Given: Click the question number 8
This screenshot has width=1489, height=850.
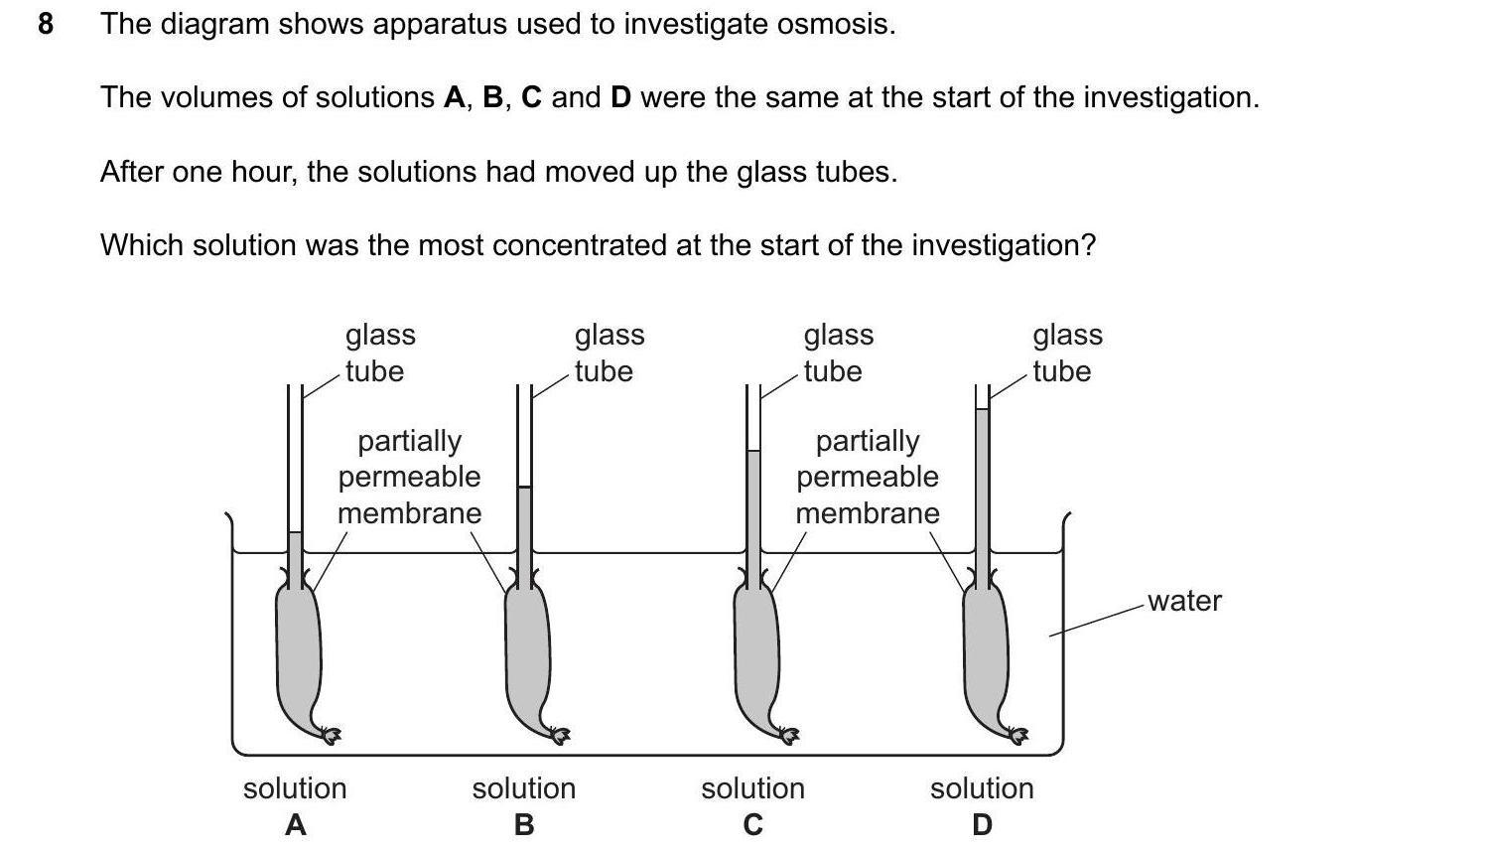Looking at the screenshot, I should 45,24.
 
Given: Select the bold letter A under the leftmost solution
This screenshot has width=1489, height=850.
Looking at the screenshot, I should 295,824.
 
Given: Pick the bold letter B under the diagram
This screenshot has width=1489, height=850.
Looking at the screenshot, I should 524,824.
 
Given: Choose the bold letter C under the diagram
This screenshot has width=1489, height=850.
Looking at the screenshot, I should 752,824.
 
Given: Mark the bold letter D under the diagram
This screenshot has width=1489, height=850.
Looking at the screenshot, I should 982,824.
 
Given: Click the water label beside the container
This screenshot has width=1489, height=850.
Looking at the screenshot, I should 1184,601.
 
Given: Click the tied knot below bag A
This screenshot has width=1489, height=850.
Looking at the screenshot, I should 331,735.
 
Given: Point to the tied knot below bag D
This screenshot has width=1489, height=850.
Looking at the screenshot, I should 1018,735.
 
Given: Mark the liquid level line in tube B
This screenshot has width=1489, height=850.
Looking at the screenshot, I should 524,487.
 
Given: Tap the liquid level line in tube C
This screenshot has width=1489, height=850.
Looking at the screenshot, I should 753,451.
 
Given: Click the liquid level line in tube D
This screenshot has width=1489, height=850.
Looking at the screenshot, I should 983,409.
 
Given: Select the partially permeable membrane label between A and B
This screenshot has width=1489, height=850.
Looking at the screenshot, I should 409,477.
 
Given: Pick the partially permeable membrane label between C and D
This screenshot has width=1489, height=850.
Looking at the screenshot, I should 867,477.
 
